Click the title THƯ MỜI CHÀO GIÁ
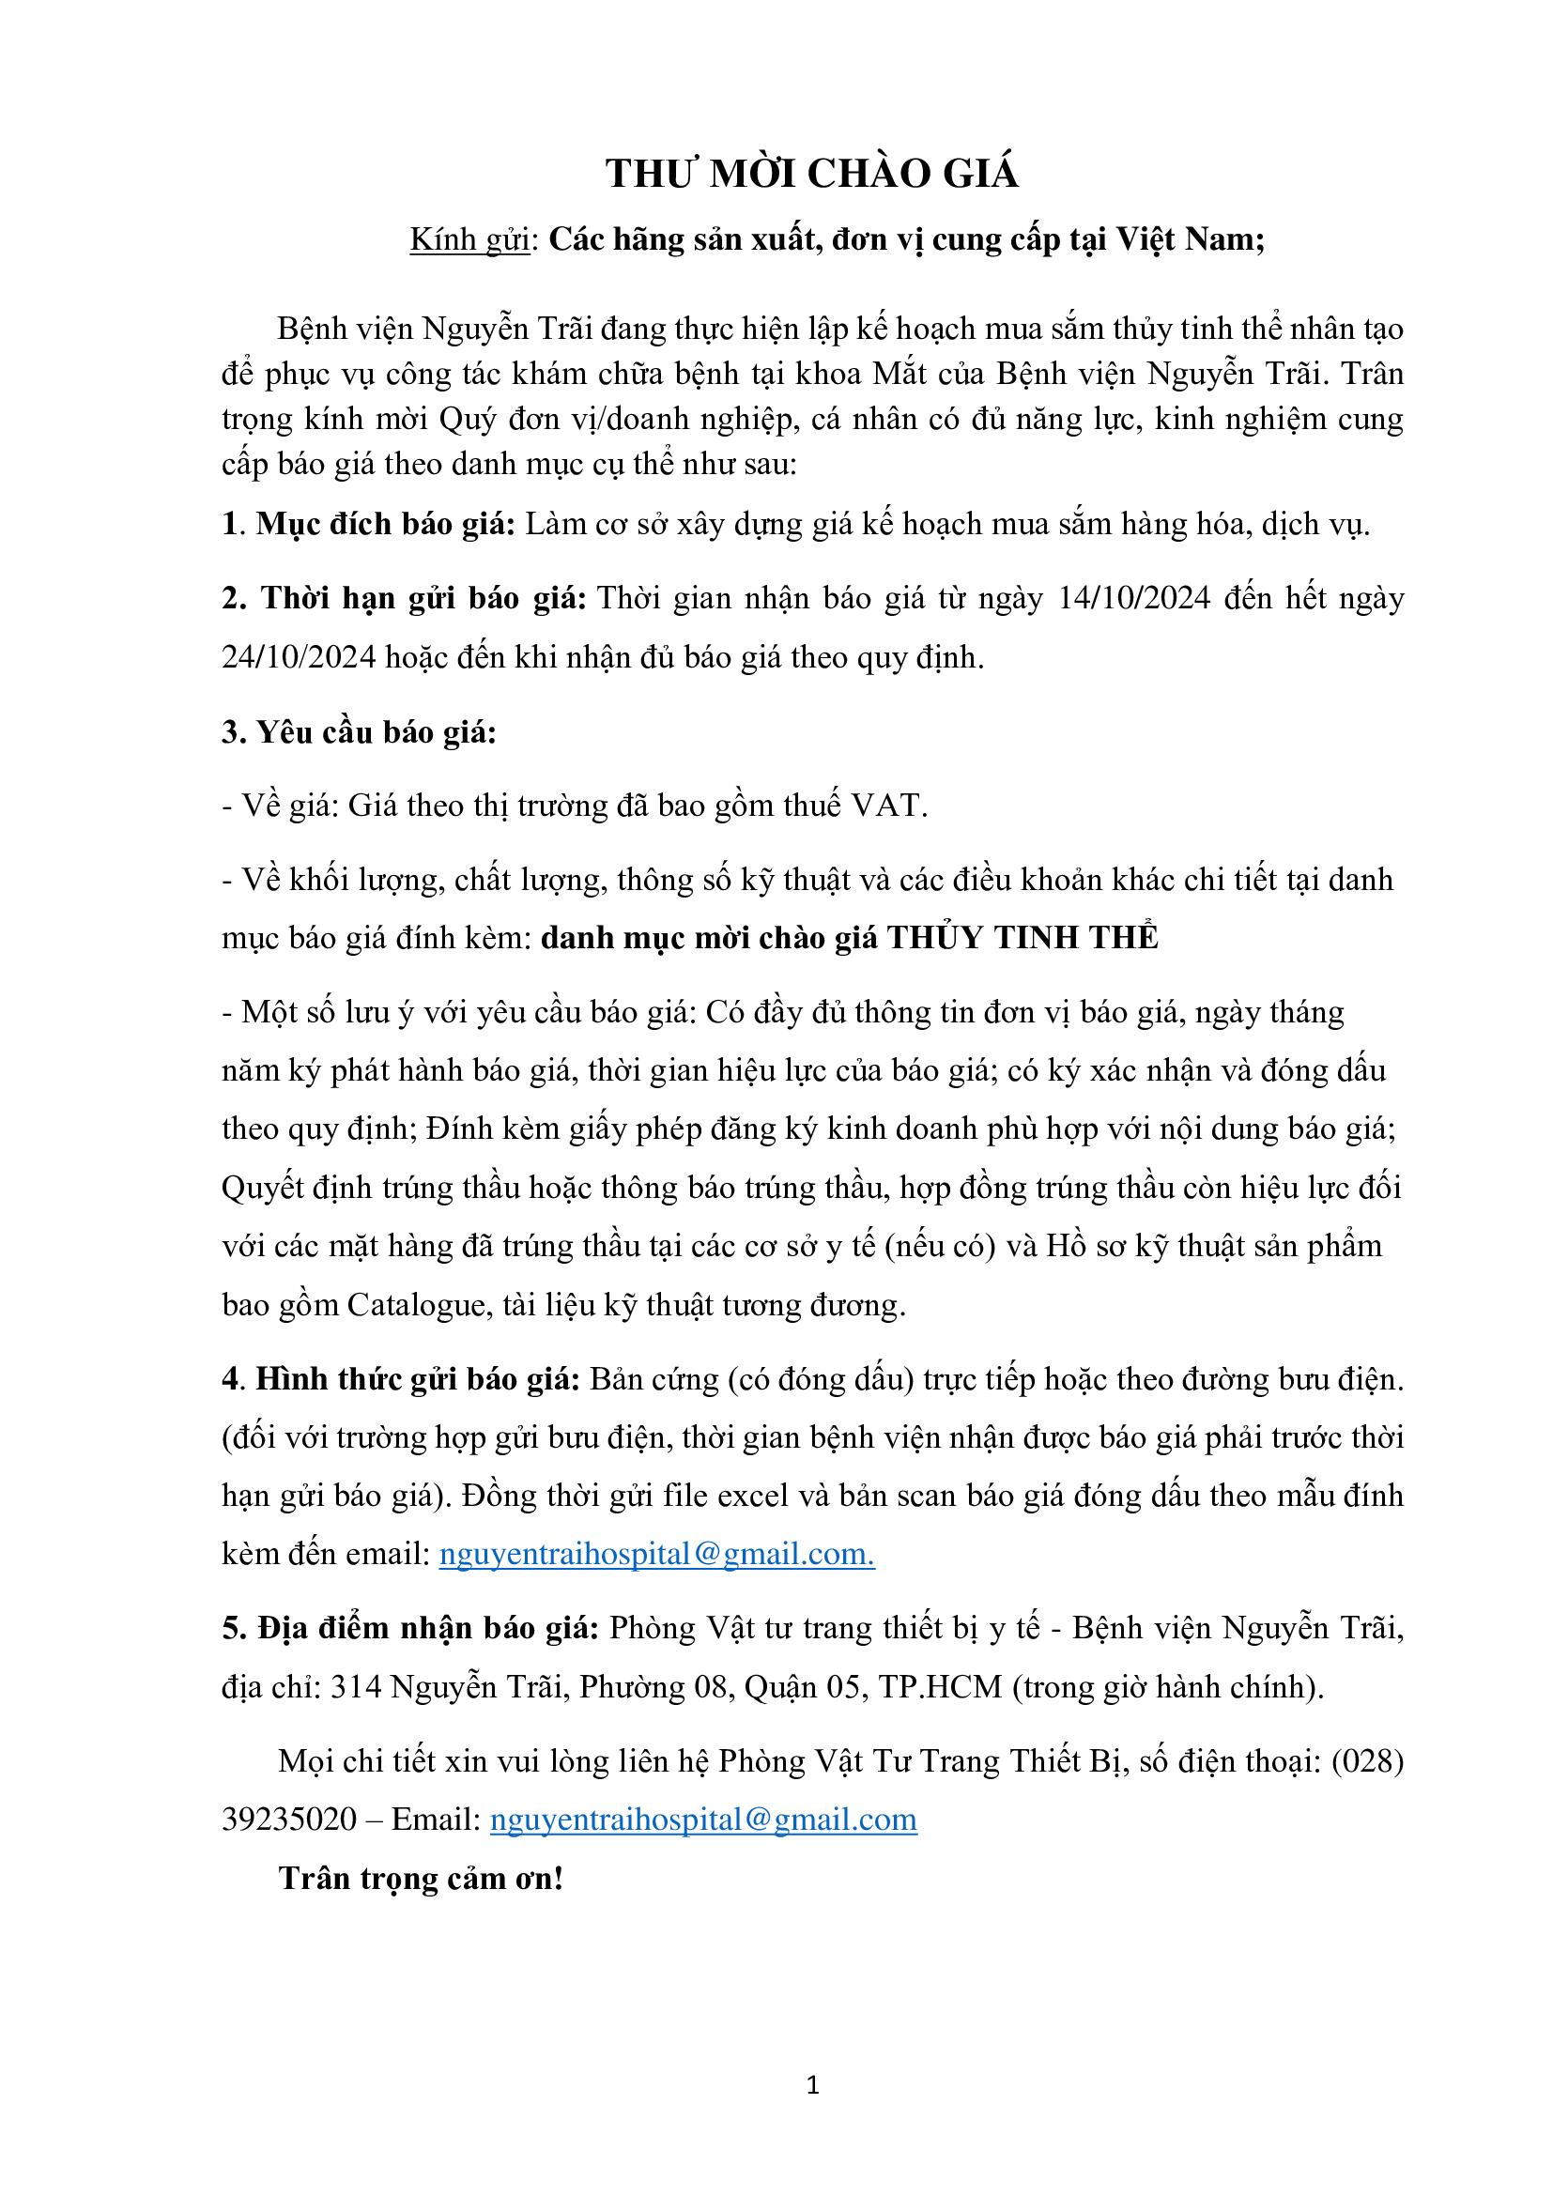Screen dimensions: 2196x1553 [x=811, y=174]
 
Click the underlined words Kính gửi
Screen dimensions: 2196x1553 [x=469, y=239]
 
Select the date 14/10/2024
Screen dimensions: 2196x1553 [x=1133, y=598]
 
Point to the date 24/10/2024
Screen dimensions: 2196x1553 [x=299, y=657]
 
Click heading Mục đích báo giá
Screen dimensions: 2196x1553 [x=384, y=524]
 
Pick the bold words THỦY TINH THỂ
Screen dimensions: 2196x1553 [x=1023, y=937]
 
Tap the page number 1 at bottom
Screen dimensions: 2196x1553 [x=813, y=2085]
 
